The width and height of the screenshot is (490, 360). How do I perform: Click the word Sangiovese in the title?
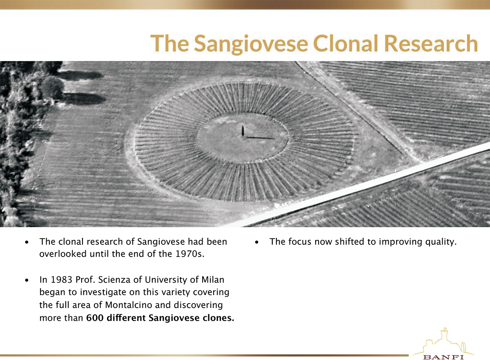(x=251, y=44)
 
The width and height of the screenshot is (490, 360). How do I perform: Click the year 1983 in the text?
(x=62, y=280)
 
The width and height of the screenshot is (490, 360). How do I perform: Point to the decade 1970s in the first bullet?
(x=190, y=254)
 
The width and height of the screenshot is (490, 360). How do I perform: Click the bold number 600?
(x=95, y=318)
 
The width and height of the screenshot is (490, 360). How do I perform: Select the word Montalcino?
(x=129, y=305)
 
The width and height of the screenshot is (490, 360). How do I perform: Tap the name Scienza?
(x=114, y=280)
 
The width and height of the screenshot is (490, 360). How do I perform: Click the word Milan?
(x=213, y=280)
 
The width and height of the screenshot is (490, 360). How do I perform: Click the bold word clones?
(x=218, y=318)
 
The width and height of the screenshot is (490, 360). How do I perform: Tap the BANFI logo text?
(x=443, y=357)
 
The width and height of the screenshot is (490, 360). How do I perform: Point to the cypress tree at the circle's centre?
(x=243, y=131)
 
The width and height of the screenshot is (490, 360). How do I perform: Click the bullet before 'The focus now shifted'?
(x=257, y=242)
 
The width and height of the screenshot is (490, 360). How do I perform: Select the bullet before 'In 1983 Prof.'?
(x=27, y=280)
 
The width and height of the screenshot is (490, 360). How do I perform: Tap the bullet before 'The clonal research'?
(x=27, y=242)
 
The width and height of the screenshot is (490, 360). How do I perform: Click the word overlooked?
(x=63, y=254)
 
